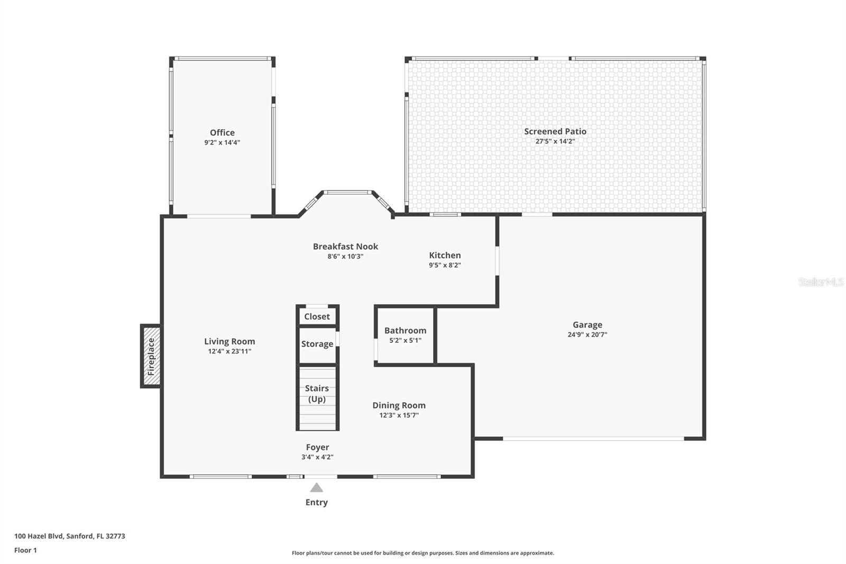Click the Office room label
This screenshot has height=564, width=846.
(222, 133)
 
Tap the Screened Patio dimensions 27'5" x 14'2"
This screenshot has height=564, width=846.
(555, 141)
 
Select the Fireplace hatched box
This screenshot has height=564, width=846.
(151, 356)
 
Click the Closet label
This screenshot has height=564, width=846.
(317, 316)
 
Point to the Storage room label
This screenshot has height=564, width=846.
(317, 344)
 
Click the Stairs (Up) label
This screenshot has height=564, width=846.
(317, 394)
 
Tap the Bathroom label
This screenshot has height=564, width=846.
(405, 331)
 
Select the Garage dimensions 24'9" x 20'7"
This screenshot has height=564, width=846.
(587, 334)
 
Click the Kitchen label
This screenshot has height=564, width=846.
(445, 256)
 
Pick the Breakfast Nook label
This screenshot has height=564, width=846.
(345, 247)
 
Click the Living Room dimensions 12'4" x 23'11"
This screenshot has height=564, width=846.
(229, 351)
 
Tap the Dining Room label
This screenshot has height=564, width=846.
(399, 405)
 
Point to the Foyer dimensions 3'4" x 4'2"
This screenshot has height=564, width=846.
(317, 457)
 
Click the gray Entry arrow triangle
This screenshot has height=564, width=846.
(316, 488)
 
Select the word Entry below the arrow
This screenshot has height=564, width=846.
(316, 503)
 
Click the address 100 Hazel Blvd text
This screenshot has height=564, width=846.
(70, 536)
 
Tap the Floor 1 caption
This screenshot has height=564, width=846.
(25, 550)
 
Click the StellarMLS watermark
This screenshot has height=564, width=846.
(821, 283)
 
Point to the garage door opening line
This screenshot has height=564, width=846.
(593, 439)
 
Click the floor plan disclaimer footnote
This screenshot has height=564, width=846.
(422, 553)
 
